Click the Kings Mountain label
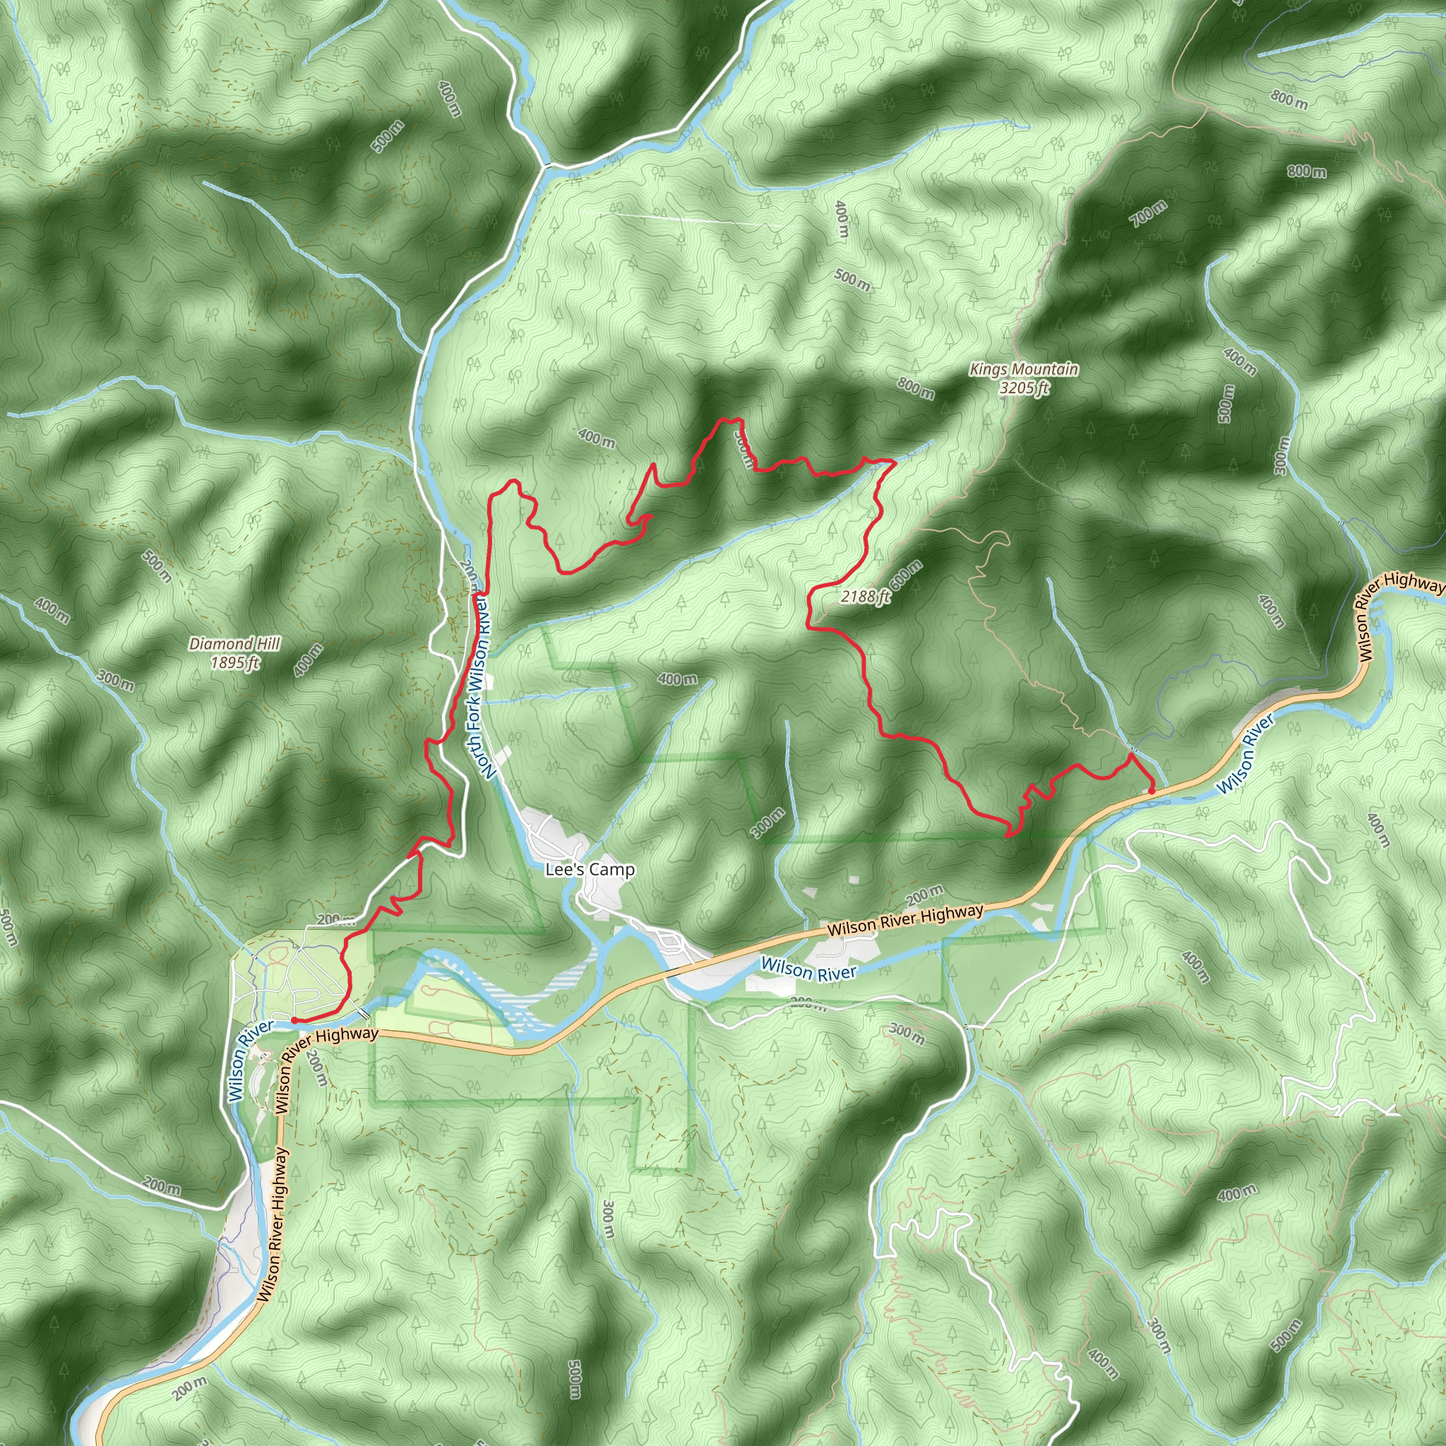[x=1023, y=369]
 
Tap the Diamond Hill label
[x=234, y=644]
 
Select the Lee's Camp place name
[x=590, y=870]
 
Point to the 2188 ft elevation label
[x=864, y=597]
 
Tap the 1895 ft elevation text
[x=234, y=662]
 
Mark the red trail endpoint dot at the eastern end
[x=1151, y=790]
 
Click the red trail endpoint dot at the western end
[x=295, y=1020]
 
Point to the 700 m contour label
[x=1148, y=214]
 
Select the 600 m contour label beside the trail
[x=907, y=575]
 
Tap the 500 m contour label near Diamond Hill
[x=158, y=566]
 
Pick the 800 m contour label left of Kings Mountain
[x=915, y=388]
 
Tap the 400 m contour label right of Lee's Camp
[x=677, y=679]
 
